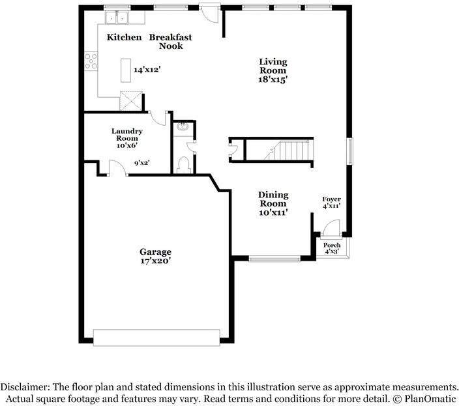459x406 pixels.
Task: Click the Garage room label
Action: coord(155,252)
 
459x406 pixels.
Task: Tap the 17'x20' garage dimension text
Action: coord(155,261)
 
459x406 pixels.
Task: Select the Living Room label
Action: coord(273,66)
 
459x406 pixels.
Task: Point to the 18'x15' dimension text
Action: coord(273,80)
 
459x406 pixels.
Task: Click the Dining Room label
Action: coord(273,199)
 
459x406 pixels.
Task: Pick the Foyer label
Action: coord(331,199)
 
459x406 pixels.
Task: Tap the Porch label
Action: coord(332,245)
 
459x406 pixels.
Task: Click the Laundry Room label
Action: coord(127,134)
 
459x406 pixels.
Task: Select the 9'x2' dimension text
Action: coord(142,163)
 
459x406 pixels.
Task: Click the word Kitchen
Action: coord(124,37)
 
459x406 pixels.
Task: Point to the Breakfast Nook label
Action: coord(171,42)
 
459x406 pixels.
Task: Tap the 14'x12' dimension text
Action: coord(147,70)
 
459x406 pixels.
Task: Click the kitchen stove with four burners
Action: coord(91,61)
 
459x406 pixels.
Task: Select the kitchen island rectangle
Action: coord(126,70)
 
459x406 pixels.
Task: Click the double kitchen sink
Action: coord(117,17)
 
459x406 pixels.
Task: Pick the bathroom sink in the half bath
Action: coord(183,126)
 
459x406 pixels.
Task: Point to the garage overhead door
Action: coord(156,338)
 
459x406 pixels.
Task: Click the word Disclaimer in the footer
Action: coord(25,387)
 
